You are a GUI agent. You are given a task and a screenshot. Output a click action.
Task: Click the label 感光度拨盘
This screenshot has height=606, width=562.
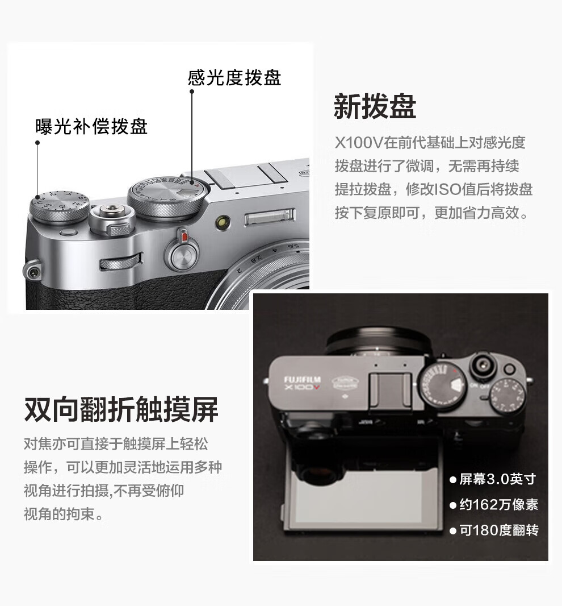coord(234,78)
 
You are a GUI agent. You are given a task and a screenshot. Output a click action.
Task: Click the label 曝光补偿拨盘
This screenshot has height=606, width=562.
coord(91,126)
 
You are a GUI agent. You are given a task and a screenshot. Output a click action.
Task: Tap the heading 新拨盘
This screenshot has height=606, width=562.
coord(375,106)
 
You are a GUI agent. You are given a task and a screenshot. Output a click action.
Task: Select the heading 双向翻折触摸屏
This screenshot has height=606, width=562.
coord(121,409)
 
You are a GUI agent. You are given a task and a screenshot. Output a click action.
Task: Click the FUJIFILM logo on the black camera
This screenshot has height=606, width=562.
coord(302,379)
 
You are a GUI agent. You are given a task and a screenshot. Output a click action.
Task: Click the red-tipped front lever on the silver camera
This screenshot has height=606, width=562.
coord(182,251)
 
